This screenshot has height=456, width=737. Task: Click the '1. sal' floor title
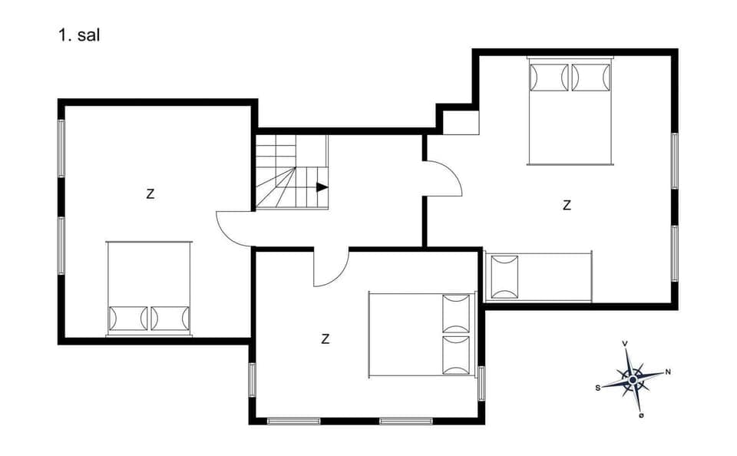coord(79,35)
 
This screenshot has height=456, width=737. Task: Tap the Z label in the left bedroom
coord(150,194)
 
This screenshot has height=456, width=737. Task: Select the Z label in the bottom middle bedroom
coord(326,339)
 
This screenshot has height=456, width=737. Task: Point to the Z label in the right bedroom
coord(567,205)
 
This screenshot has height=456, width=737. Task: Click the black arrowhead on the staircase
coord(322,187)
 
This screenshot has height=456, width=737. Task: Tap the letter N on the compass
coord(668,372)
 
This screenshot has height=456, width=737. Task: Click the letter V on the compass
coord(626,343)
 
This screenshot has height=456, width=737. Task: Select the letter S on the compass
coord(597,388)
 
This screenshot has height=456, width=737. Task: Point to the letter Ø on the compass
coord(641,416)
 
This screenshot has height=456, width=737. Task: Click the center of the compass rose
coord(632,378)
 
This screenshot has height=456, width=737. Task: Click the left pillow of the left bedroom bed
coord(128,318)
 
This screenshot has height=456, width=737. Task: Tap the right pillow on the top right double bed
coord(591,77)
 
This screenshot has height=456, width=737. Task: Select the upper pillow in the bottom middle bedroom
coord(456,313)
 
